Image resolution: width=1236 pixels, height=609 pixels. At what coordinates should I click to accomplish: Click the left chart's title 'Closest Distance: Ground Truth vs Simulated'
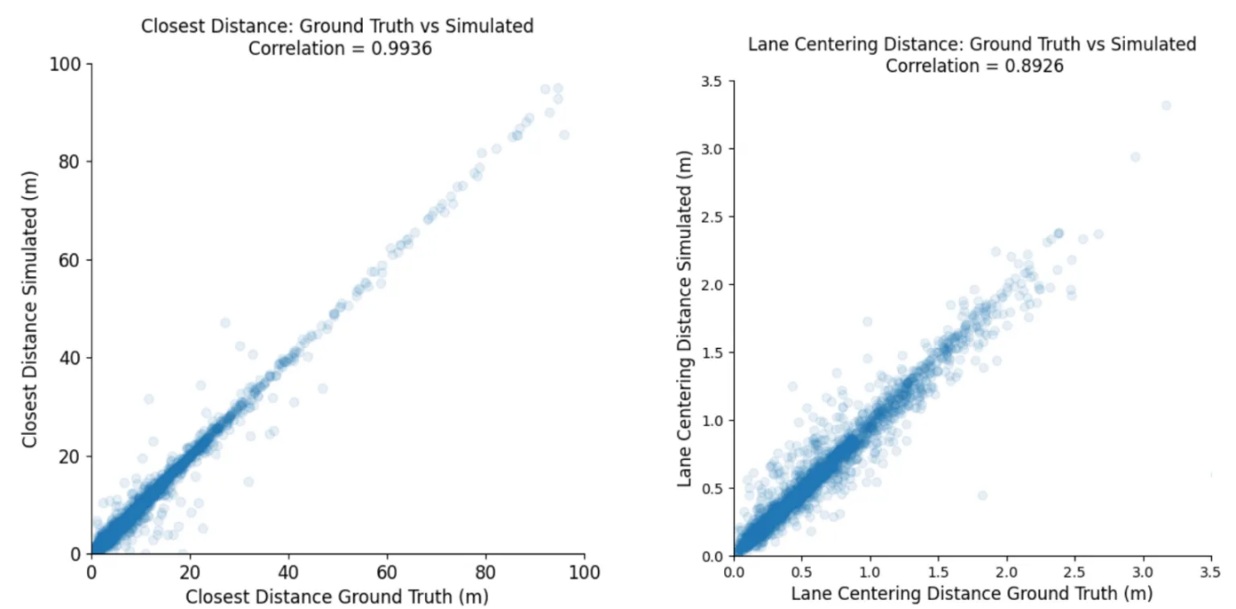(x=337, y=27)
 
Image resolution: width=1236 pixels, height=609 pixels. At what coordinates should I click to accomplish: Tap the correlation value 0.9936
(x=402, y=49)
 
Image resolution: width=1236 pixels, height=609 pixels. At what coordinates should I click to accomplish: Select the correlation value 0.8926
(x=1033, y=66)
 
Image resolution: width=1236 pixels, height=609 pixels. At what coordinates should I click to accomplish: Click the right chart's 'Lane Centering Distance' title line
(x=972, y=44)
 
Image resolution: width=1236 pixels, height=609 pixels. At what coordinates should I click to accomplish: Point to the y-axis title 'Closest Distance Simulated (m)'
(x=30, y=309)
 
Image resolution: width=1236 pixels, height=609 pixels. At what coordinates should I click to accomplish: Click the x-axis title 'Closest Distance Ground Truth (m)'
(x=336, y=596)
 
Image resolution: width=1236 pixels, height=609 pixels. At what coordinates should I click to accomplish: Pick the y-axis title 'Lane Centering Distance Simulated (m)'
(x=685, y=318)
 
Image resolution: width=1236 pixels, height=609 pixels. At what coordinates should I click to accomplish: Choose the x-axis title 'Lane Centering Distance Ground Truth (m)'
(x=972, y=593)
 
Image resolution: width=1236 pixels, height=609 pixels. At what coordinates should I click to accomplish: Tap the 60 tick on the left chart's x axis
(x=387, y=571)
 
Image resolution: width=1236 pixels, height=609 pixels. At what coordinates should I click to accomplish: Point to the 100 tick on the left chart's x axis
(x=583, y=571)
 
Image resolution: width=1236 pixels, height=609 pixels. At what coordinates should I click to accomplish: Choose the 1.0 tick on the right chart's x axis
(x=869, y=571)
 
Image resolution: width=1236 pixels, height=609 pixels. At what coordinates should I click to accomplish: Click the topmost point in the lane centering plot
(x=1166, y=106)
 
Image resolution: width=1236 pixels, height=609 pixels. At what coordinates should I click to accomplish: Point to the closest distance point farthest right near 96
(x=564, y=135)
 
